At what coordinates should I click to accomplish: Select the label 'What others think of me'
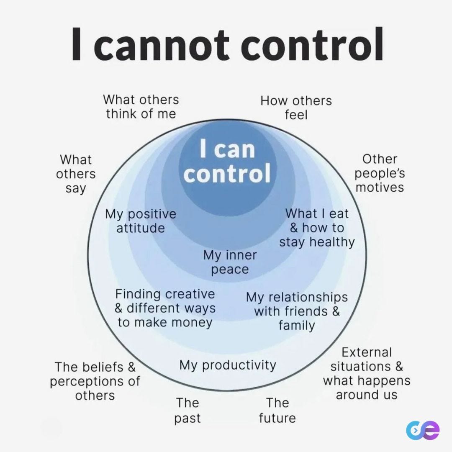pyautogui.click(x=141, y=106)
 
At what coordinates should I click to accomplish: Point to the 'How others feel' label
pyautogui.click(x=296, y=107)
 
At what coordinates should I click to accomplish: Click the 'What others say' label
pyautogui.click(x=76, y=174)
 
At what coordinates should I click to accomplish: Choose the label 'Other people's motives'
pyautogui.click(x=380, y=173)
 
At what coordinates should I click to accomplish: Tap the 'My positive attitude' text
pyautogui.click(x=141, y=221)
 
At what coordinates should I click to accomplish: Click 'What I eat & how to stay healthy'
pyautogui.click(x=317, y=228)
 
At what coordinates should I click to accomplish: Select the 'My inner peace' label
pyautogui.click(x=230, y=262)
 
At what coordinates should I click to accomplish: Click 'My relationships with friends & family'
pyautogui.click(x=297, y=311)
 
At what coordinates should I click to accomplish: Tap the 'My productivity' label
pyautogui.click(x=228, y=365)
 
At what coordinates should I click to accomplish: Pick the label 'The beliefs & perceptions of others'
pyautogui.click(x=95, y=381)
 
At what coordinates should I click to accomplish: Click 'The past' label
pyautogui.click(x=187, y=410)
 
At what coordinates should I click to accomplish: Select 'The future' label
pyautogui.click(x=277, y=410)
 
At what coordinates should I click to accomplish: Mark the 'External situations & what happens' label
pyautogui.click(x=367, y=373)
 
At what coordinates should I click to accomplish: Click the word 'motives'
pyautogui.click(x=380, y=187)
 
